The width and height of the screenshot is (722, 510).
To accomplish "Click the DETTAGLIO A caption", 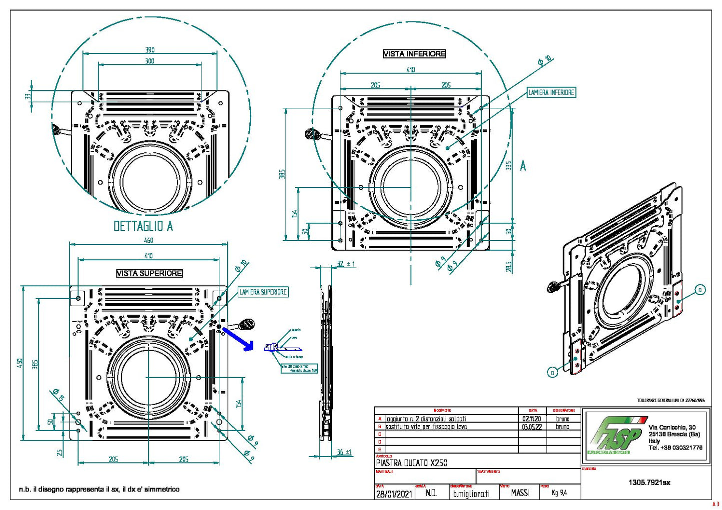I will (143, 226).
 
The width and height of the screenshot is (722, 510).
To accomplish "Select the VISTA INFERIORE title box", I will (414, 54).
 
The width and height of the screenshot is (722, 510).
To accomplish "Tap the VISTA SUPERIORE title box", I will (149, 273).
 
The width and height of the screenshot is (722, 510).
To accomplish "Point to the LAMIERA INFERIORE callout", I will (551, 92).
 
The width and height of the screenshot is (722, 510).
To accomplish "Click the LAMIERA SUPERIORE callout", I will (263, 292).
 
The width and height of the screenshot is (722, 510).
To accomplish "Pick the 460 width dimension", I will (148, 240).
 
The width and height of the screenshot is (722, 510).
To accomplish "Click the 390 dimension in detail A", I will (150, 50).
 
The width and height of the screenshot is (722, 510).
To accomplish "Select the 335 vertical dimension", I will (509, 165).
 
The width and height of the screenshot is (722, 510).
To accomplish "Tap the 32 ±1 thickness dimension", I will (345, 264).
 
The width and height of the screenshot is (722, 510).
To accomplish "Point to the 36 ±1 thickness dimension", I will (344, 452).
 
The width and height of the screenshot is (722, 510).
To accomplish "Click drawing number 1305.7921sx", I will (649, 483).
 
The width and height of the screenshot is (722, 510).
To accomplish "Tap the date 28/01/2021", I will (394, 494).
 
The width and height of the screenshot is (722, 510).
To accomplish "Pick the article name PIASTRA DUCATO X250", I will (411, 463).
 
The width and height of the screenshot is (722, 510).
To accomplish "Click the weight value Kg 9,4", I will (559, 493).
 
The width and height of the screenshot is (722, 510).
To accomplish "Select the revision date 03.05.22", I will (532, 427).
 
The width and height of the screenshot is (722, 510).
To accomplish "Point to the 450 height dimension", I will (20, 362).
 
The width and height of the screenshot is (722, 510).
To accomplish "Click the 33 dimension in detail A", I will (28, 96).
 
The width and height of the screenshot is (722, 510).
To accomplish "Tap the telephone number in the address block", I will (675, 448).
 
